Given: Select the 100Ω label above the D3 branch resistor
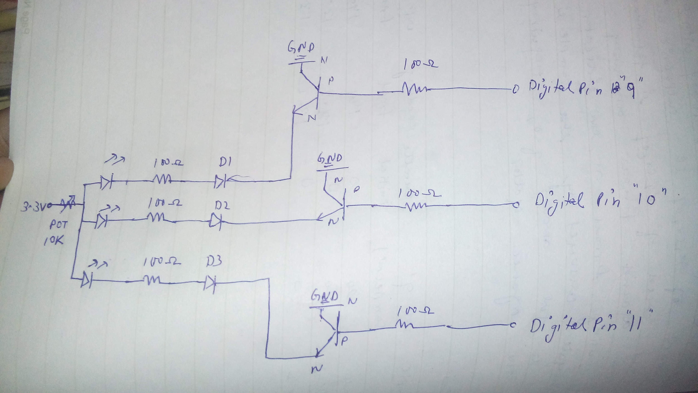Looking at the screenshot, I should (162, 262).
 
